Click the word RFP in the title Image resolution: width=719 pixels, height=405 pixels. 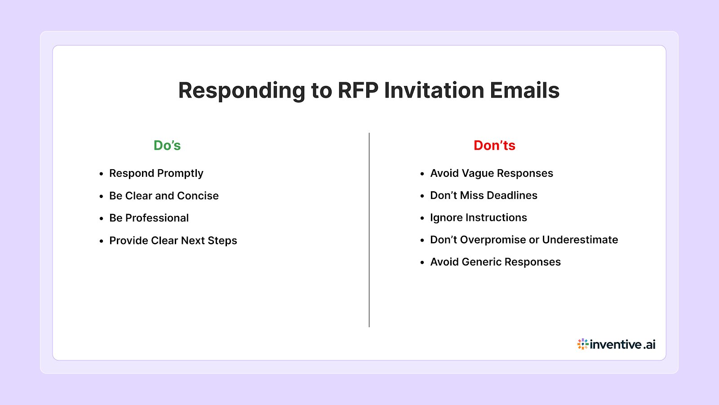[358, 90]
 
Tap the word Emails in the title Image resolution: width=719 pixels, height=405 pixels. [524, 90]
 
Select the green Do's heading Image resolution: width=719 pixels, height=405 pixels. [167, 145]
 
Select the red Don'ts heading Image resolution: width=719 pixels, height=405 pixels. [494, 145]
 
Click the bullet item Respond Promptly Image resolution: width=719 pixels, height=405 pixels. [156, 173]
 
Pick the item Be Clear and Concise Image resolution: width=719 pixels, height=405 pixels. [164, 196]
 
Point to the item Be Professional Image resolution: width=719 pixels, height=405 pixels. [149, 218]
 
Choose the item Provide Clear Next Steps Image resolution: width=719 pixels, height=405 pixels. [173, 240]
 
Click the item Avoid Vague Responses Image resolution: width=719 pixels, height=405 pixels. [492, 173]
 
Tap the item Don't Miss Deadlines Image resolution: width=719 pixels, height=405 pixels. [484, 195]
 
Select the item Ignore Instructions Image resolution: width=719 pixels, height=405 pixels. [478, 217]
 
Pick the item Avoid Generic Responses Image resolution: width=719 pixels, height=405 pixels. [495, 262]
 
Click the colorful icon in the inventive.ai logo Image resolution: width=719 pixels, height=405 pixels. [583, 344]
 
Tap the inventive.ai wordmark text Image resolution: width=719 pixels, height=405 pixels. [622, 345]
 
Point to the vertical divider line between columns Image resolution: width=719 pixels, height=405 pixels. [369, 229]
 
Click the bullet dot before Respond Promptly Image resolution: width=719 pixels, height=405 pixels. [102, 174]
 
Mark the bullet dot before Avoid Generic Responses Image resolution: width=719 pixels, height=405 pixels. [422, 262]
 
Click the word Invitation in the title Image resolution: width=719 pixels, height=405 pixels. [434, 90]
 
